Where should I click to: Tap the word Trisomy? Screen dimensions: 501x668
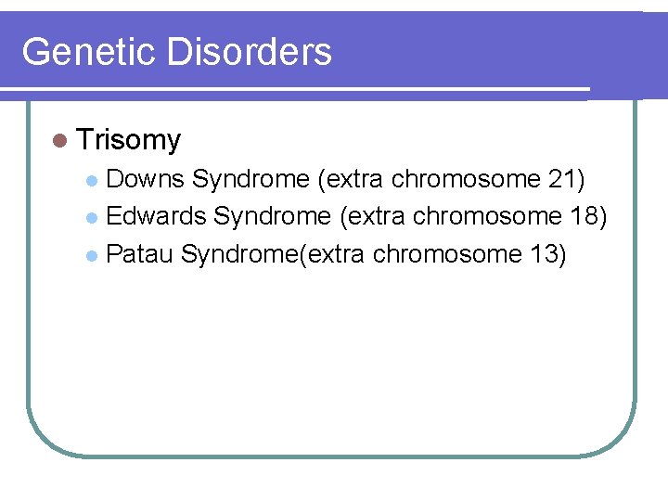130,140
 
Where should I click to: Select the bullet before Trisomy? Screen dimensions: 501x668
60,140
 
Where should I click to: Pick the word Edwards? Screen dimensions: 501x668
156,216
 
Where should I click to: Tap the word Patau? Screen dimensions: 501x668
139,253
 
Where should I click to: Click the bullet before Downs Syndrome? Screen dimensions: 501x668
91,179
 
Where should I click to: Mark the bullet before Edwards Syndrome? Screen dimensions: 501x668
91,217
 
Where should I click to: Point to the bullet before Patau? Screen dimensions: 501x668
91,254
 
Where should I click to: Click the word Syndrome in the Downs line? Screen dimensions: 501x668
250,178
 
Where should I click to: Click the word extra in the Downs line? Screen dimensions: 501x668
352,178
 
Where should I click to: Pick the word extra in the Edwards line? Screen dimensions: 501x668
374,216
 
